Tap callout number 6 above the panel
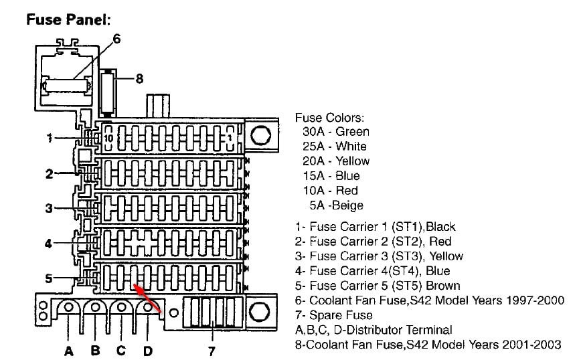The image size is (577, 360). (x=116, y=39)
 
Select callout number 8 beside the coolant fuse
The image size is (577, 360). (x=139, y=78)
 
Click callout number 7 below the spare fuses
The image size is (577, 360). (x=211, y=350)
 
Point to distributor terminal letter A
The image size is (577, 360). (x=69, y=350)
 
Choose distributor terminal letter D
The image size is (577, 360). (x=147, y=350)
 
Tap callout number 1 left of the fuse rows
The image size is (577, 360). (x=49, y=138)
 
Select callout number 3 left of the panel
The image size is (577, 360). (x=49, y=208)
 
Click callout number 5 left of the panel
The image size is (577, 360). (x=49, y=278)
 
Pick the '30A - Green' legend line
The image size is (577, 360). (x=335, y=132)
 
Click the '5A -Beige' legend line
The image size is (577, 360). (x=336, y=205)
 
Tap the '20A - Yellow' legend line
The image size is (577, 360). (x=335, y=161)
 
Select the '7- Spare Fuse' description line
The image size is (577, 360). (x=333, y=315)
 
